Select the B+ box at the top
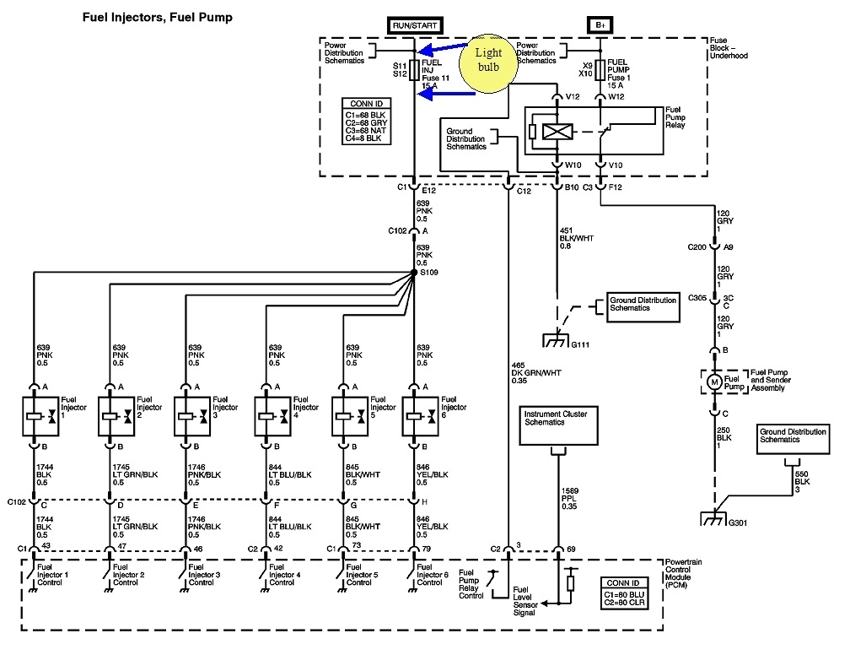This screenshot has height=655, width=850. point(600,25)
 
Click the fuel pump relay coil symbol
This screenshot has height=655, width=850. point(556,132)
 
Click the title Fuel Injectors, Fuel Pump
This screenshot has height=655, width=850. point(157,17)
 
